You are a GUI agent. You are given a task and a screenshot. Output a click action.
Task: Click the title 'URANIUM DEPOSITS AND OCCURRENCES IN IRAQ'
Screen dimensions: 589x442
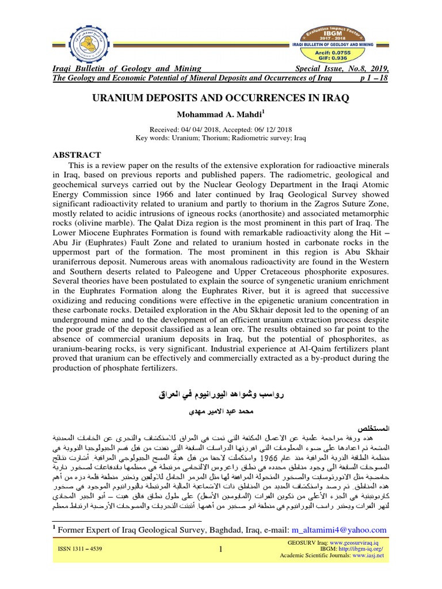tap(221, 98)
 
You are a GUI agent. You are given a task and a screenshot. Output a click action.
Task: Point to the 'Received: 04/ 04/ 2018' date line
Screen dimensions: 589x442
tap(221, 129)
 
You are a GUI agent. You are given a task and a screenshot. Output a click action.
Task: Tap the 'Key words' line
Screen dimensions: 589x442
tap(221, 138)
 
